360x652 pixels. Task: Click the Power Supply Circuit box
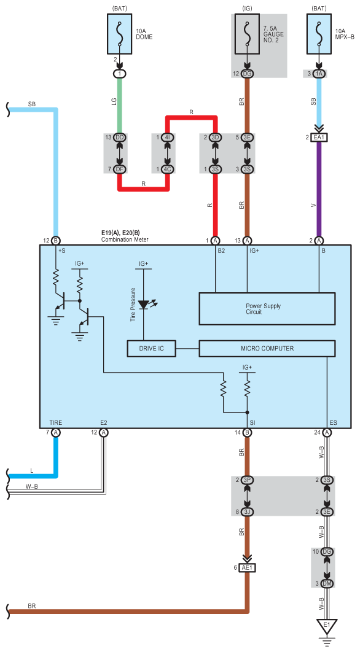(x=267, y=309)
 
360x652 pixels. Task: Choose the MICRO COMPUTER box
(x=267, y=349)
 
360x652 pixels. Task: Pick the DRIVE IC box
(x=151, y=349)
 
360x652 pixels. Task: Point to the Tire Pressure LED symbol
(x=144, y=305)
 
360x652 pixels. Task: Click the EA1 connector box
(x=319, y=138)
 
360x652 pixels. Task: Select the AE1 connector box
(x=247, y=568)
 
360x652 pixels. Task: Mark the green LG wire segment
(x=120, y=106)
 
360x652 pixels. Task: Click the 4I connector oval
(x=168, y=138)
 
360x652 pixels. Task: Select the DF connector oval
(x=120, y=169)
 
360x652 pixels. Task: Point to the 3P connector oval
(x=247, y=480)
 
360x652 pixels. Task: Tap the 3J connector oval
(x=247, y=512)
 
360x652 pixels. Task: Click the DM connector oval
(x=327, y=583)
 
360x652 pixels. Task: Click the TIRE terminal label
(x=55, y=422)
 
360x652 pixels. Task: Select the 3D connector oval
(x=216, y=138)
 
